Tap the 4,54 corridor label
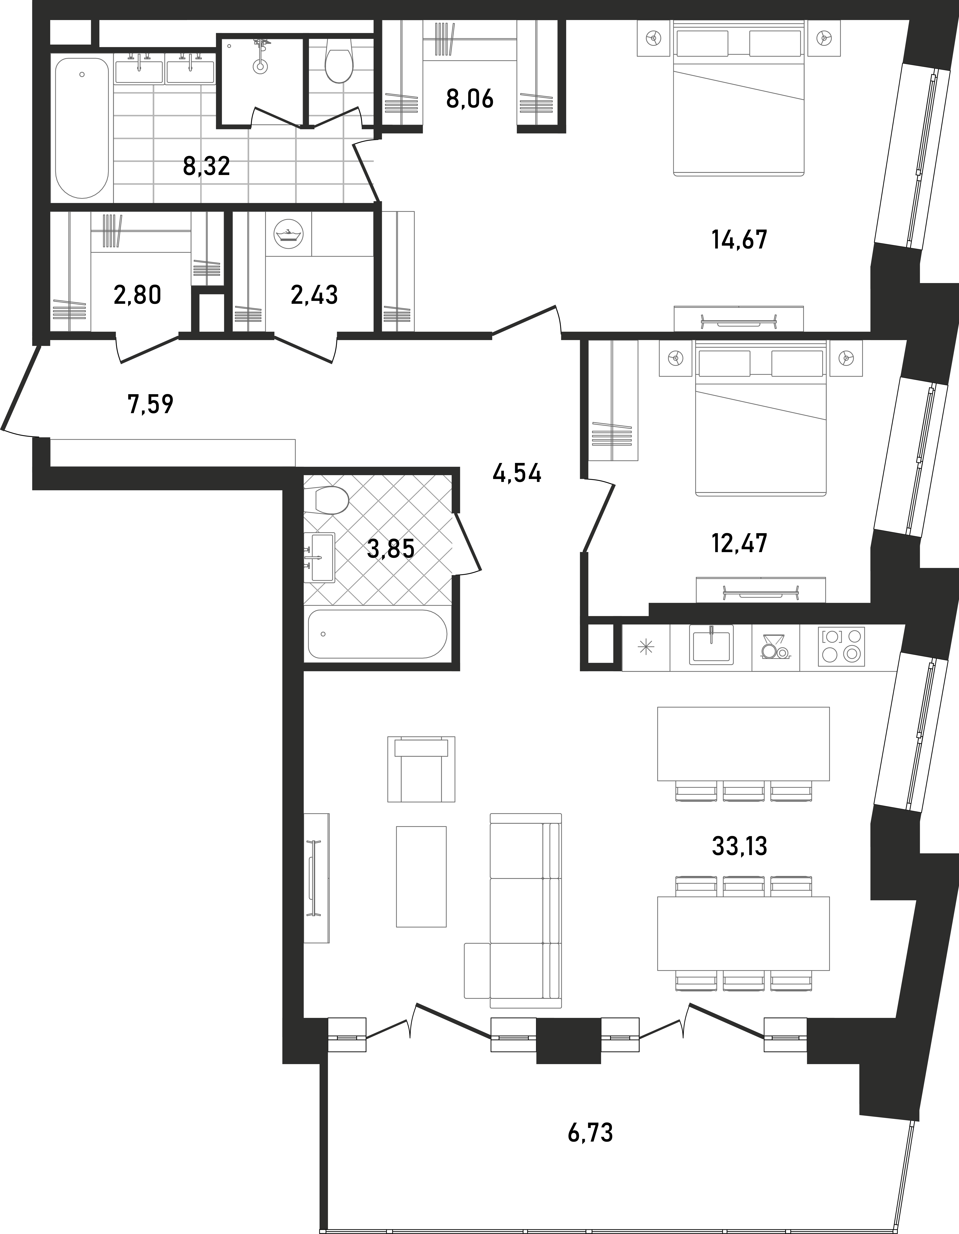517,474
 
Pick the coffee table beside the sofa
421,876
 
